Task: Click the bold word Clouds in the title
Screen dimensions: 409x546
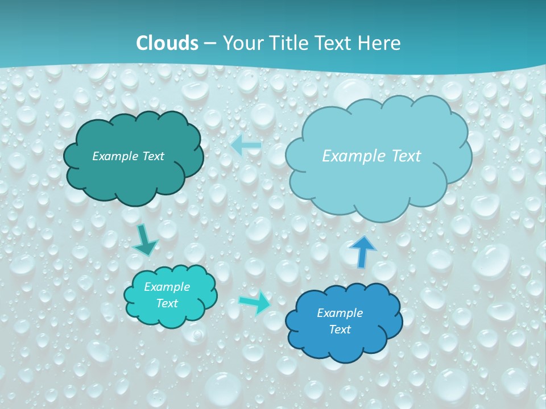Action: tap(167, 43)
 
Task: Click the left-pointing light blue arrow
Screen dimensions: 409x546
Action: tap(246, 146)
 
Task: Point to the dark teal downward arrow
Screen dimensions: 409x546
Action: tap(145, 240)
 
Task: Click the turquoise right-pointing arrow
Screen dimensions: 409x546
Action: tap(254, 302)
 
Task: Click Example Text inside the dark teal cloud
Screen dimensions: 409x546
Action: tap(128, 156)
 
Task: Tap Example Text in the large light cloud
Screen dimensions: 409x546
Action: tap(371, 156)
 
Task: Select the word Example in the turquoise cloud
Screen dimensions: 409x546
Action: tap(167, 287)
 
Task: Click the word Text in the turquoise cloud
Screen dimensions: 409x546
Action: tap(167, 303)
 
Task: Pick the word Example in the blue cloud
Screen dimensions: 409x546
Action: tap(340, 313)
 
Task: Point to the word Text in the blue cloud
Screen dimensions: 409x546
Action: tap(340, 329)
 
